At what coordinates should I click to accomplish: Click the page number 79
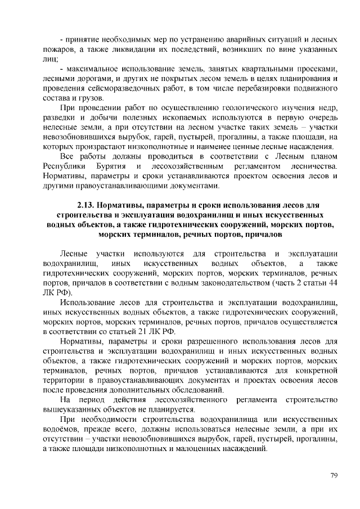click(x=334, y=476)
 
